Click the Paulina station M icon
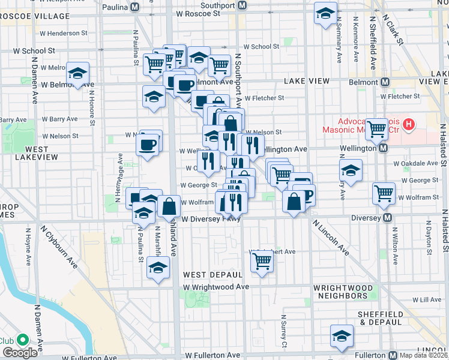click(x=135, y=6)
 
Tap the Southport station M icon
click(x=242, y=5)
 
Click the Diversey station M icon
click(x=388, y=218)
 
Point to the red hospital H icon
click(x=409, y=125)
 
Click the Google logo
click(x=20, y=353)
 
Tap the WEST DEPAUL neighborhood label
click(x=208, y=274)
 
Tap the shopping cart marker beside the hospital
click(x=377, y=127)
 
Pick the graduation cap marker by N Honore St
click(x=77, y=74)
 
